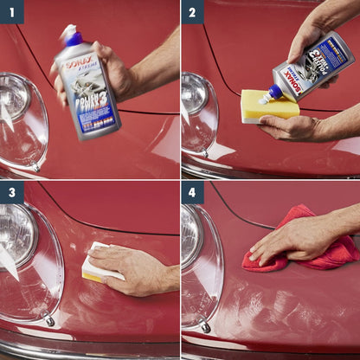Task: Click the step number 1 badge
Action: [x=11, y=11]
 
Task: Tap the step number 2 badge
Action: [x=192, y=11]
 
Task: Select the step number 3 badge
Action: [x=11, y=192]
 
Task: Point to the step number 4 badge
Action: [x=192, y=192]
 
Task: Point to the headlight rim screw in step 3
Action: [x=49, y=321]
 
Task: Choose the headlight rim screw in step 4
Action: [x=205, y=326]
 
